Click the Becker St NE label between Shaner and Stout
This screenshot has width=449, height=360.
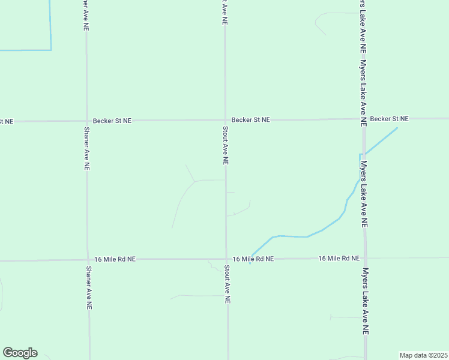112,121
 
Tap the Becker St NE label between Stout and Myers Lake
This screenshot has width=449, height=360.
251,120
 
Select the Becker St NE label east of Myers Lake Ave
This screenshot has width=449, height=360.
389,119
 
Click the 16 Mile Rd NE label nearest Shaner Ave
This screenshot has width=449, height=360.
115,259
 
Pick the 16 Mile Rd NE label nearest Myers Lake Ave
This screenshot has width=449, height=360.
339,258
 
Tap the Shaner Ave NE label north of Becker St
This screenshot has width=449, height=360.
86,15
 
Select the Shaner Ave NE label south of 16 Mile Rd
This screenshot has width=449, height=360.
89,288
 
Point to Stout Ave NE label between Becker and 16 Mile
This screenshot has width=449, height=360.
226,145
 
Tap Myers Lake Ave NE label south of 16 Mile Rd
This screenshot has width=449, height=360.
365,301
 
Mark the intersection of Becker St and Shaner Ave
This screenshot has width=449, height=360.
87,121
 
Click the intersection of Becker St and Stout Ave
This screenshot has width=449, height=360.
225,120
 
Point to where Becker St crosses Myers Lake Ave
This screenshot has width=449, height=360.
363,119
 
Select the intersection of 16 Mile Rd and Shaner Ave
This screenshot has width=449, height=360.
88,260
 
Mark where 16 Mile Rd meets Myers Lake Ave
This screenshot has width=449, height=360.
364,258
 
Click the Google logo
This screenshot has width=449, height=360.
20,353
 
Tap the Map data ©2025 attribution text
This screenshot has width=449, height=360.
423,355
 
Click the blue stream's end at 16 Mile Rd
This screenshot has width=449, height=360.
250,257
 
